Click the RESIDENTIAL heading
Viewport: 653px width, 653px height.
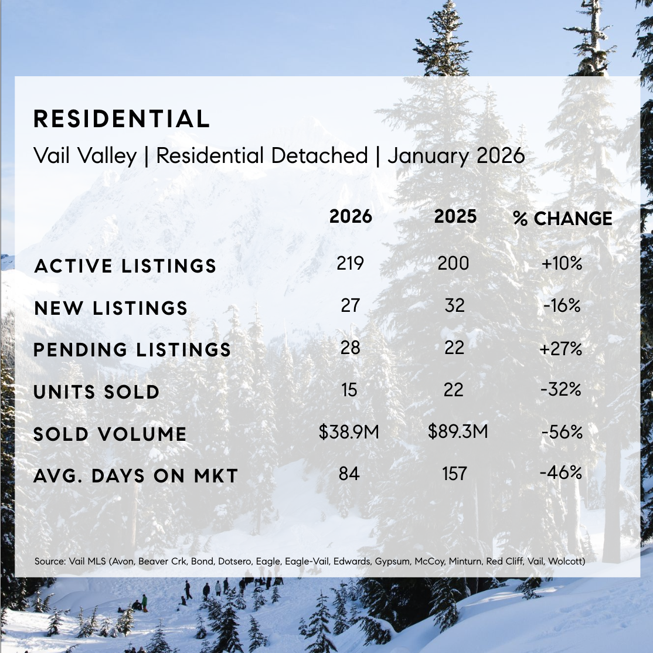click(x=122, y=119)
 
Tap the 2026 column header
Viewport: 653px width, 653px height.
click(x=351, y=217)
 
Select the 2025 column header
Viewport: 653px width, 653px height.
click(x=455, y=217)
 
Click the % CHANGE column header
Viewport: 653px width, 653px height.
click(x=562, y=219)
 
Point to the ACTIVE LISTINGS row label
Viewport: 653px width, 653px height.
click(x=125, y=266)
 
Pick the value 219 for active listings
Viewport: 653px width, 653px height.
click(x=350, y=264)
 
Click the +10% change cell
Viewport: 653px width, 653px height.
click(x=562, y=264)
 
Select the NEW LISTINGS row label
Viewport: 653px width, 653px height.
click(x=111, y=308)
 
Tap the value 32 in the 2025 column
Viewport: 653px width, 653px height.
click(x=454, y=305)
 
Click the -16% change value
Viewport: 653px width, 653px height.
click(x=562, y=305)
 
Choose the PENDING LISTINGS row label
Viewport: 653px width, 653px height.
click(x=132, y=350)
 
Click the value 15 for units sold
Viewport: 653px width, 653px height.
click(x=349, y=390)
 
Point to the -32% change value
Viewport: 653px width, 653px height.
click(x=562, y=389)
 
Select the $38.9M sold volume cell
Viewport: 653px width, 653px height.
click(x=349, y=433)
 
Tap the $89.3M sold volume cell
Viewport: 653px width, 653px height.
click(x=458, y=432)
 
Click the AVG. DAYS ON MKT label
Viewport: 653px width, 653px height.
click(x=135, y=476)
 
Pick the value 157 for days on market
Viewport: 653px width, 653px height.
click(x=454, y=474)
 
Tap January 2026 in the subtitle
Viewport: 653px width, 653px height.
click(x=456, y=156)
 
